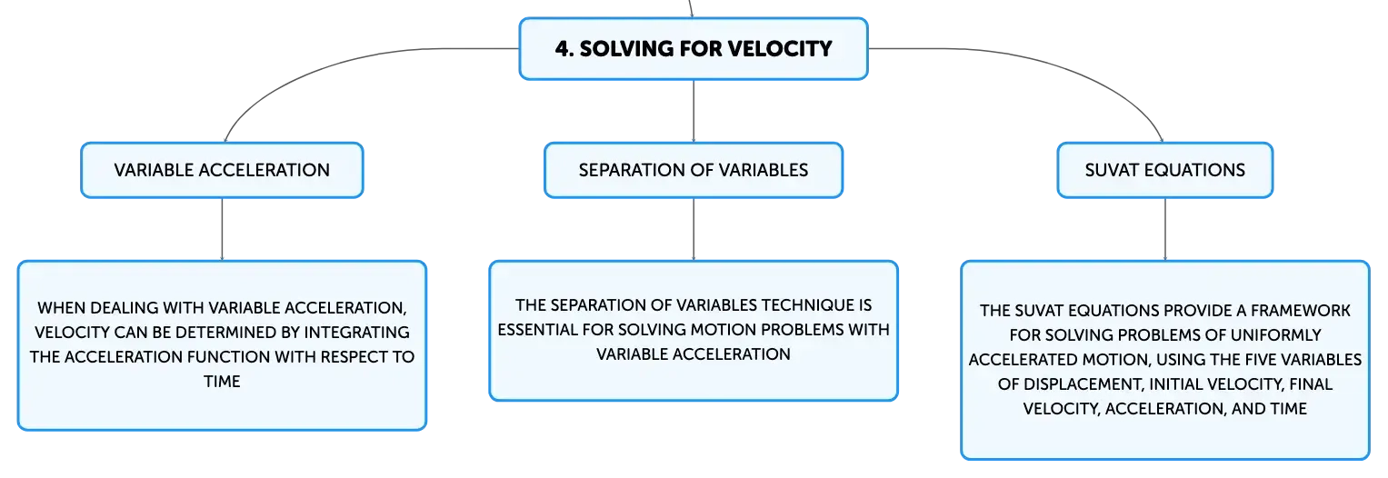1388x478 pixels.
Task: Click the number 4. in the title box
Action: coord(564,49)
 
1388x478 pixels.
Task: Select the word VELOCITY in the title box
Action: coord(780,49)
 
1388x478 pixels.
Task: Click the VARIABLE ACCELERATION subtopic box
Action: coord(222,170)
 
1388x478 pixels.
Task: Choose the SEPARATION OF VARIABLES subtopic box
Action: coord(694,170)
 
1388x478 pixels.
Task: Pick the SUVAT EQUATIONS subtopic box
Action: coord(1165,170)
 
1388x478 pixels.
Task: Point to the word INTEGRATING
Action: coord(356,333)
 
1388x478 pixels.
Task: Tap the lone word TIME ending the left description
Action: coord(222,382)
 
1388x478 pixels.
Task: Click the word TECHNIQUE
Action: coord(799,305)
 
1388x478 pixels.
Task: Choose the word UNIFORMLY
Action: coord(1276,335)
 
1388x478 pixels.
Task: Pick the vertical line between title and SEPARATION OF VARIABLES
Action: coord(694,112)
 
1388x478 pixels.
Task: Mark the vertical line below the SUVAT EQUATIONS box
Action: coord(1165,230)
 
